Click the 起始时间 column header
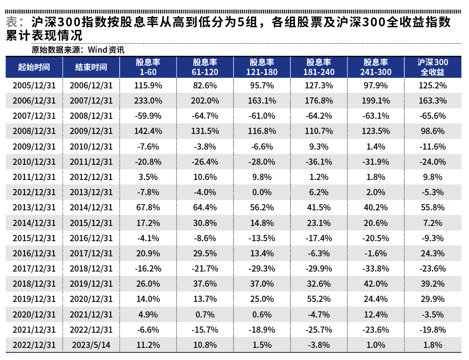[x=34, y=67]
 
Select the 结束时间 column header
[x=91, y=67]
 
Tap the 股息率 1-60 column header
[x=148, y=67]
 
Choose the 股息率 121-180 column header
[x=262, y=67]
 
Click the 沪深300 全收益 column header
[x=432, y=67]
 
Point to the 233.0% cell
[x=148, y=100]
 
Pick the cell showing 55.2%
[x=318, y=299]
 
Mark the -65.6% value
[x=432, y=116]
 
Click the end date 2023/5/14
[x=91, y=345]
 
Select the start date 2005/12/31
[x=34, y=85]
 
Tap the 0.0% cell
[x=262, y=192]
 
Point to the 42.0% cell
[x=375, y=284]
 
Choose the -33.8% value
[x=375, y=268]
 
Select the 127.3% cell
[x=318, y=85]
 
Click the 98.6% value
[x=432, y=131]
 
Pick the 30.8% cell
[x=205, y=222]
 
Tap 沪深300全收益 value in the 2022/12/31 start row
[x=432, y=345]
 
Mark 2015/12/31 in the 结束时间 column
[x=91, y=222]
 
